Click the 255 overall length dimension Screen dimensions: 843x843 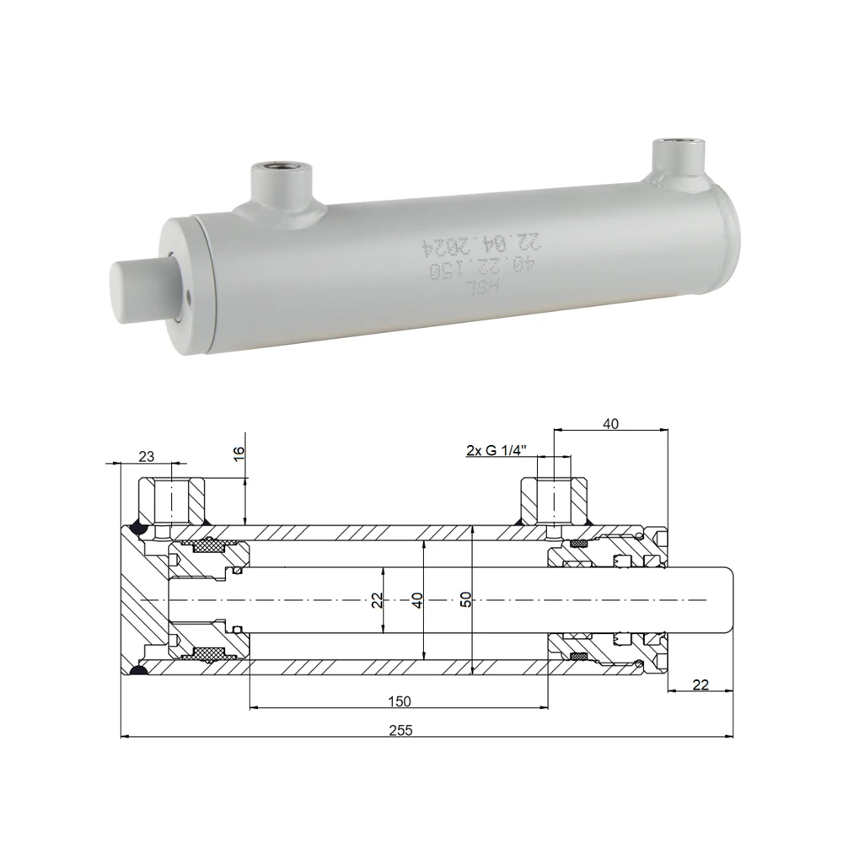[x=401, y=730]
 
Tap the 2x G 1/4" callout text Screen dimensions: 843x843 [x=497, y=450]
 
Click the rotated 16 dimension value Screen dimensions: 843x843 [x=239, y=453]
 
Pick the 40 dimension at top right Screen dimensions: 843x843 [x=611, y=424]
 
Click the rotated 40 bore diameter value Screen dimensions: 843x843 [x=417, y=599]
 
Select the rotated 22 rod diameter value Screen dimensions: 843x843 [x=377, y=599]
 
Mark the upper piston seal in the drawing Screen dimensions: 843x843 [x=207, y=547]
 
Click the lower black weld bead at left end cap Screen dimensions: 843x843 [x=138, y=670]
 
